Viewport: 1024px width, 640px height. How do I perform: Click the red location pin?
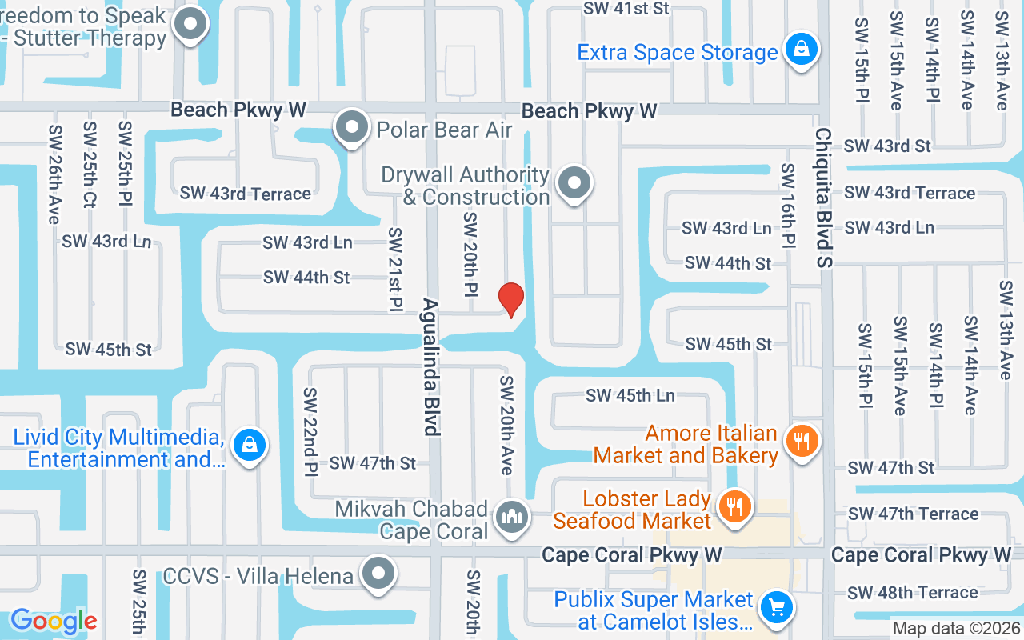coord(511,299)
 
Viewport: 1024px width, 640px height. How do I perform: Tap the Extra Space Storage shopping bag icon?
coord(800,50)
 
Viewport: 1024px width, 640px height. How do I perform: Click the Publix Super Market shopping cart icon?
coord(774,608)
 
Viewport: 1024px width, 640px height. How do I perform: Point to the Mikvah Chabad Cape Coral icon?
coord(511,517)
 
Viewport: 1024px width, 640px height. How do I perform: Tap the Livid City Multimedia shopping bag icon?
coord(249,444)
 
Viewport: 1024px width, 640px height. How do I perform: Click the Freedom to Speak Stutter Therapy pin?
coord(190,25)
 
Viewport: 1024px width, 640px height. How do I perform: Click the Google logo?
coord(54,621)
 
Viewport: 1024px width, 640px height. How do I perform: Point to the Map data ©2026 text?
coord(956,629)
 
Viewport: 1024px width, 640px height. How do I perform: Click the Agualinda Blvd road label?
coord(432,367)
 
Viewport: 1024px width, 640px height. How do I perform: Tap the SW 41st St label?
coord(626,9)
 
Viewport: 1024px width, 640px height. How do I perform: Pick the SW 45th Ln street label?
coord(630,395)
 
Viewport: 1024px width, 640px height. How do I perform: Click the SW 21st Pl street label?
coord(395,269)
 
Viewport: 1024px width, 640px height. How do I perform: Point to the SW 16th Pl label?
coord(789,205)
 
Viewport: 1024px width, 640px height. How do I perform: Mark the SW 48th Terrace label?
coord(912,593)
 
